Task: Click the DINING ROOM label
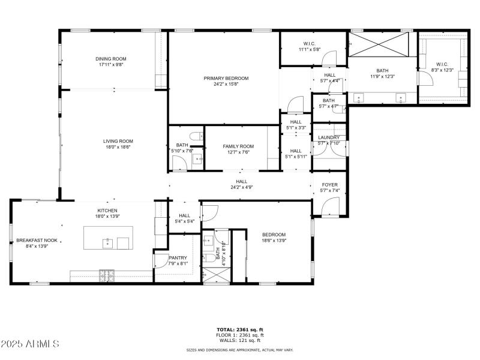[x=111, y=59]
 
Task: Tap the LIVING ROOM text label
[x=118, y=141]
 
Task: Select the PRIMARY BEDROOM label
[x=226, y=78]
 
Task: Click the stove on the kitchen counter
[x=107, y=275]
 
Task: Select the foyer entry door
[x=331, y=208]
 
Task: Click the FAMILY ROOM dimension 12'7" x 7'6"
[x=238, y=152]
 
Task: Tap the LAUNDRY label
[x=329, y=137]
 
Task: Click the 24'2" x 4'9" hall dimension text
[x=241, y=187]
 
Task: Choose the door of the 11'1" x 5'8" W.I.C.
[x=329, y=58]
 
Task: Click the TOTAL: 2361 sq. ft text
[x=240, y=329]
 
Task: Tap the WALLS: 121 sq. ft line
[x=240, y=340]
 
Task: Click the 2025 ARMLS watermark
[x=30, y=344]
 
